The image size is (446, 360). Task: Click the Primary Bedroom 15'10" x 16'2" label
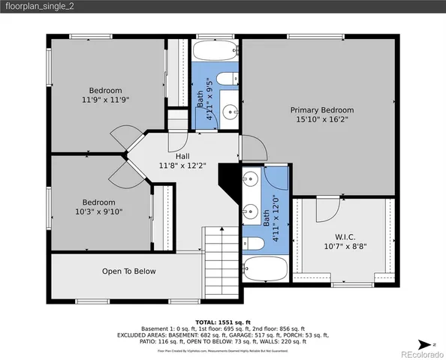(x=319, y=114)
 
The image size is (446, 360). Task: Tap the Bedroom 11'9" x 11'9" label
(x=105, y=95)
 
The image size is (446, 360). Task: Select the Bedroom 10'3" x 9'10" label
(x=98, y=207)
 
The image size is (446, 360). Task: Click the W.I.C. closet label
(x=345, y=241)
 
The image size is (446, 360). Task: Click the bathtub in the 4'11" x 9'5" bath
(x=214, y=53)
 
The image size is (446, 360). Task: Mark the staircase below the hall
(x=221, y=262)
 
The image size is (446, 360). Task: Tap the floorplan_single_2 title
(x=42, y=7)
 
